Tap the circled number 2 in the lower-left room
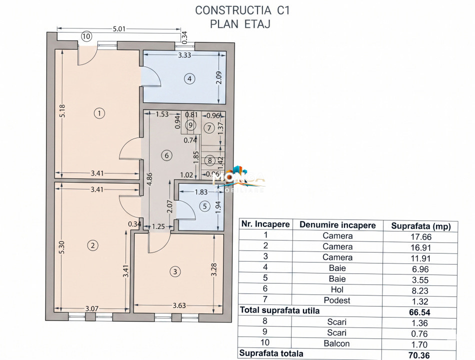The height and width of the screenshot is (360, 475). [x=92, y=245]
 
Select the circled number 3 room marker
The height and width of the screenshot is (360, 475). [x=174, y=271]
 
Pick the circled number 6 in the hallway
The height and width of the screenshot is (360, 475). [x=167, y=155]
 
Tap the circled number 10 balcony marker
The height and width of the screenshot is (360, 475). [x=86, y=36]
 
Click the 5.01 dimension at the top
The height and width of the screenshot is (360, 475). [x=119, y=29]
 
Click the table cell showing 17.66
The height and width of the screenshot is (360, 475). [x=419, y=236]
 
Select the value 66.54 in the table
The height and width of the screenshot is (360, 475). [x=419, y=310]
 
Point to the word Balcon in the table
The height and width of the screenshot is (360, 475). [x=337, y=343]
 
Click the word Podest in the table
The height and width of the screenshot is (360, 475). [x=337, y=300]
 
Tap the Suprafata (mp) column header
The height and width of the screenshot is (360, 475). [x=419, y=225]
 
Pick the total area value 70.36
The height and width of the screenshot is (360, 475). [x=419, y=353]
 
